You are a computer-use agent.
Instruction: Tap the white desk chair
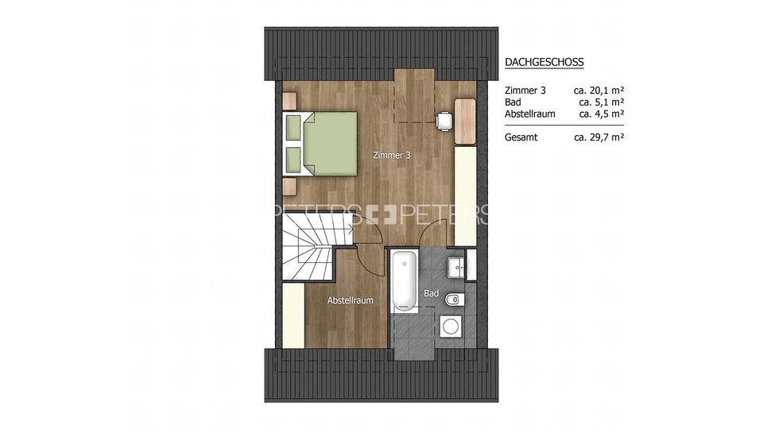point(443,119)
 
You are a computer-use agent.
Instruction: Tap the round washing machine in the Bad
point(451,325)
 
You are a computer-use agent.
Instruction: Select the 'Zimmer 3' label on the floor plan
point(391,156)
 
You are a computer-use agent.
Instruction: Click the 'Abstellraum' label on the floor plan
point(351,300)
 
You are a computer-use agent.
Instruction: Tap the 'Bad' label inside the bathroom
point(431,293)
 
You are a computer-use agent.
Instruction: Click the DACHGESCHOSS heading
point(544,63)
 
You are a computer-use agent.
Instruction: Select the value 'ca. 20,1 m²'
point(598,91)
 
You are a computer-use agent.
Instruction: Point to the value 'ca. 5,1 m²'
point(601,102)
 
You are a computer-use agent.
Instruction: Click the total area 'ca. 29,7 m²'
point(598,137)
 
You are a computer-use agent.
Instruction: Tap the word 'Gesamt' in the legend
point(521,137)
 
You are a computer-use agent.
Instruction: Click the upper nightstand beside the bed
point(289,101)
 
